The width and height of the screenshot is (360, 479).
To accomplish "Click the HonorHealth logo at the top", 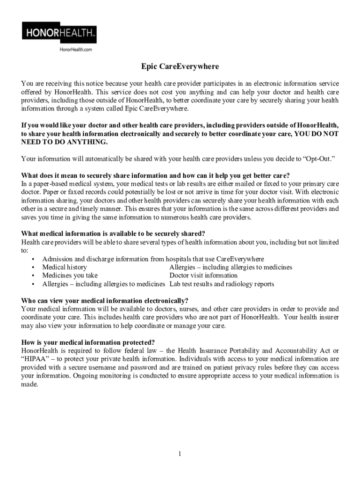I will tap(59, 33).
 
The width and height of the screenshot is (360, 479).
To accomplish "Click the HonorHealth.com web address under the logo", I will tap(75, 49).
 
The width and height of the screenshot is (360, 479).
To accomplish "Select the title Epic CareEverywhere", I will tap(180, 67).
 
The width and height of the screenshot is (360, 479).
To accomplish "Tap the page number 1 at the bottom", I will tap(180, 454).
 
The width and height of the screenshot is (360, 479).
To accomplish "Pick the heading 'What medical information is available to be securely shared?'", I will tap(113, 234).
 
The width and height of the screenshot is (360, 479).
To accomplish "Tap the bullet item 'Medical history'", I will tap(65, 267).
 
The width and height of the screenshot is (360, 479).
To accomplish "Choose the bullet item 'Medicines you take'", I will tap(70, 276).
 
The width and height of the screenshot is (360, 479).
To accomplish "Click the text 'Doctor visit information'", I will tap(203, 276).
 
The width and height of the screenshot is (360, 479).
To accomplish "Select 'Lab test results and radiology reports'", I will tap(222, 284).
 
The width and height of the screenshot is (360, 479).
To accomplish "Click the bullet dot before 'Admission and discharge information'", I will tap(33, 259).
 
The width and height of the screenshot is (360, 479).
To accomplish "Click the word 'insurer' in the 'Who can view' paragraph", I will tap(328, 317).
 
